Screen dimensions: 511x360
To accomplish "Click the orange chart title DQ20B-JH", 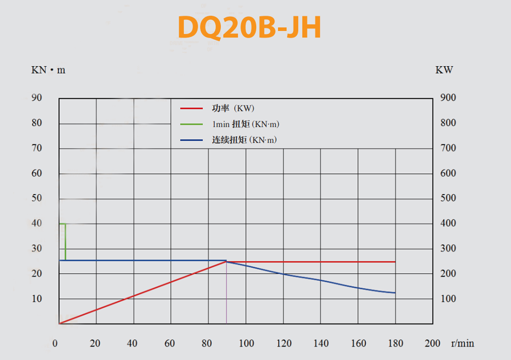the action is click(249, 27).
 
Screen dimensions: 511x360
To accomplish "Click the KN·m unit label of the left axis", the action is click(48, 70).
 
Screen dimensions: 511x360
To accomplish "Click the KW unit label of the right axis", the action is click(444, 70).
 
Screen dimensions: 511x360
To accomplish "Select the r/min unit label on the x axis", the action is click(462, 343).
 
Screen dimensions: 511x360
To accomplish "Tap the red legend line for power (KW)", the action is click(191, 108).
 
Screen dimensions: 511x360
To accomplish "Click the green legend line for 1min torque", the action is click(191, 124).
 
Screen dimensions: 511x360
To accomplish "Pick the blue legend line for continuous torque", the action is click(191, 140).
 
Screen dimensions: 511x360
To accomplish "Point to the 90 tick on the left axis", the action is click(37, 98).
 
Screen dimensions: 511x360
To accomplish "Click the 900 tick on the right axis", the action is click(448, 98).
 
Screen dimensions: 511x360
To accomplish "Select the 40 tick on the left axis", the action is click(37, 223).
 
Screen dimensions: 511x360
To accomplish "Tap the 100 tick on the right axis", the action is click(448, 299).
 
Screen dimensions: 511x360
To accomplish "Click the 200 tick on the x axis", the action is click(432, 343).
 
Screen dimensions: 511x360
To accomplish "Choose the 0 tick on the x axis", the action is click(55, 343).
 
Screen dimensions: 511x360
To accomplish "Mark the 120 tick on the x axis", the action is click(284, 343).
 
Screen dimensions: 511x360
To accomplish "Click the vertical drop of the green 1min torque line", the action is click(66, 242).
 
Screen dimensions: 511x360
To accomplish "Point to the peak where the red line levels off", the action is click(226, 262).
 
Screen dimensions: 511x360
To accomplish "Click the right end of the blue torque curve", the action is click(395, 292).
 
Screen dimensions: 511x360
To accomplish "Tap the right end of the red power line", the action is click(395, 262).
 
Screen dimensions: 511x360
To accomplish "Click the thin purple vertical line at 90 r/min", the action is click(227, 293).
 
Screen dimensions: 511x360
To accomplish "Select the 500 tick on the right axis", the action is click(448, 198).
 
